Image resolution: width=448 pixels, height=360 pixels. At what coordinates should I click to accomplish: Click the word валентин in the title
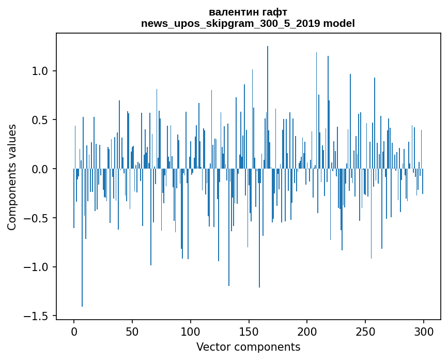[x=231, y=12]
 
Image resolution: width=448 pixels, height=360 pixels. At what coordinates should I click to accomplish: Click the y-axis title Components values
[x=12, y=177]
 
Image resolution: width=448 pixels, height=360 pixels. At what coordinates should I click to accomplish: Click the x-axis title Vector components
[x=248, y=347]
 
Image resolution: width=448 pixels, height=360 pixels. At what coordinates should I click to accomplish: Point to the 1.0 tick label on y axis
[x=40, y=71]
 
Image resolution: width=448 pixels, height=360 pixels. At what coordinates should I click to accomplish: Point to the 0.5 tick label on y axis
[x=40, y=120]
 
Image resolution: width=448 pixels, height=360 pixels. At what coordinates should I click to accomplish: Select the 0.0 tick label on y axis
[x=40, y=169]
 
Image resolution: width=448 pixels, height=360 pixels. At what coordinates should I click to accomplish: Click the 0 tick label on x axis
[x=74, y=331]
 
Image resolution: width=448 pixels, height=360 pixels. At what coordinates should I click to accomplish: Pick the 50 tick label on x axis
[x=132, y=331]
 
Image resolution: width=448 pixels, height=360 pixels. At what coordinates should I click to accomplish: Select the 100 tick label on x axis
[x=191, y=331]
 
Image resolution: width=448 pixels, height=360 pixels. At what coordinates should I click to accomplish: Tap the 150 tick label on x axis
[x=249, y=331]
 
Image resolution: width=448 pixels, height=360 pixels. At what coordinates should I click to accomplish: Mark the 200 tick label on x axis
[x=307, y=331]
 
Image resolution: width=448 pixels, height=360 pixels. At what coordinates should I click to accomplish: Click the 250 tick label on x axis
[x=365, y=331]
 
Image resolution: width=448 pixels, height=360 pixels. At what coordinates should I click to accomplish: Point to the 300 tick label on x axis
[x=424, y=331]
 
